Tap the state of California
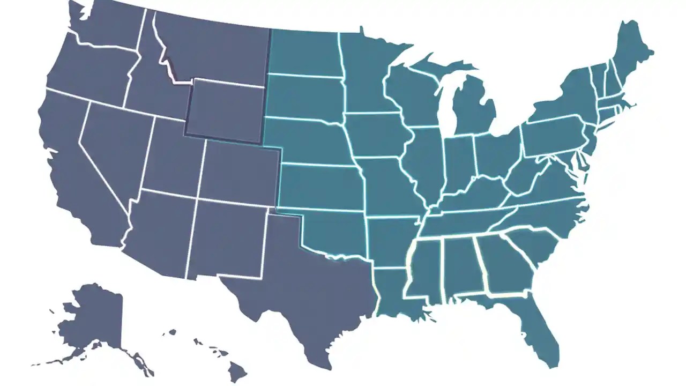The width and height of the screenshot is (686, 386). pos(75,177)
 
